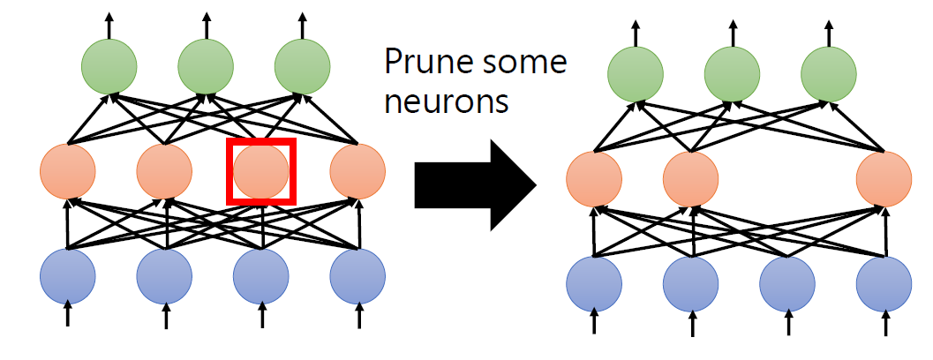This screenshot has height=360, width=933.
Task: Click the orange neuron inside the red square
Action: click(261, 171)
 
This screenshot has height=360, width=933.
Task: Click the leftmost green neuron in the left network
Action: click(109, 65)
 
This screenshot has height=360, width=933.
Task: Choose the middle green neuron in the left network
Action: click(206, 65)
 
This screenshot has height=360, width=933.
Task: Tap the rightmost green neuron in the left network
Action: click(302, 65)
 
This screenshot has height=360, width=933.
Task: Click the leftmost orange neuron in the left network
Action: click(68, 171)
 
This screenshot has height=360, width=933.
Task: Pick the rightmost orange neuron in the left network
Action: click(357, 171)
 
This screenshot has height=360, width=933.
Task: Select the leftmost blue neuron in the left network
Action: click(68, 277)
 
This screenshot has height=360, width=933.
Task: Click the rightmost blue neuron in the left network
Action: click(357, 277)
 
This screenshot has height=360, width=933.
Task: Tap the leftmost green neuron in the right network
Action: click(636, 73)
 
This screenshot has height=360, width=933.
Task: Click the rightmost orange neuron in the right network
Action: click(884, 179)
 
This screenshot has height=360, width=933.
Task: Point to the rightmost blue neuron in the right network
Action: click(884, 285)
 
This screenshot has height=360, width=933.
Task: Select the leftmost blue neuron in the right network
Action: click(594, 285)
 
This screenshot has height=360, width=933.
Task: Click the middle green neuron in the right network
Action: click(732, 73)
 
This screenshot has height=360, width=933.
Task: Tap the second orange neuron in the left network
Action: click(164, 171)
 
